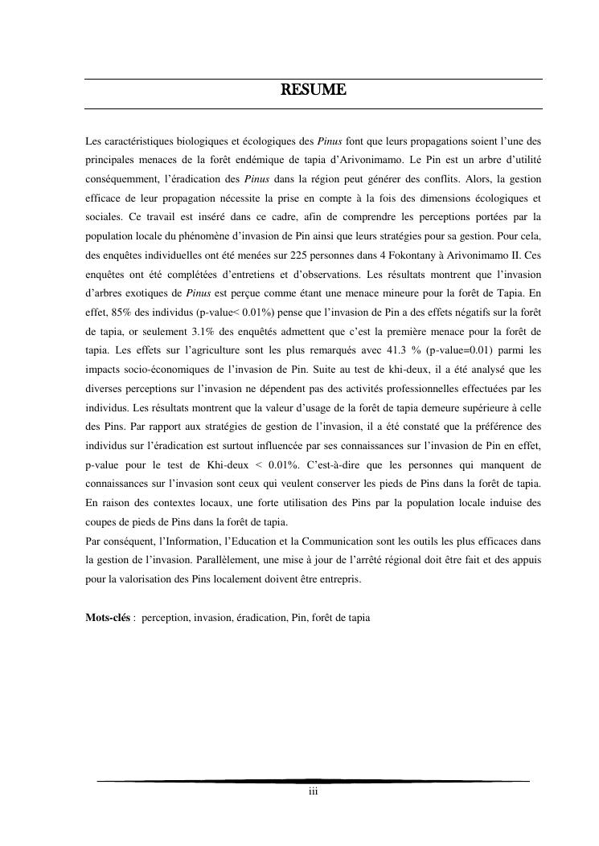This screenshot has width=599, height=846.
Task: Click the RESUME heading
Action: click(314, 90)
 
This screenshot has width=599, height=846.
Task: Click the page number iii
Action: click(314, 792)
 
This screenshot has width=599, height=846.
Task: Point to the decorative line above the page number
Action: click(314, 780)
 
